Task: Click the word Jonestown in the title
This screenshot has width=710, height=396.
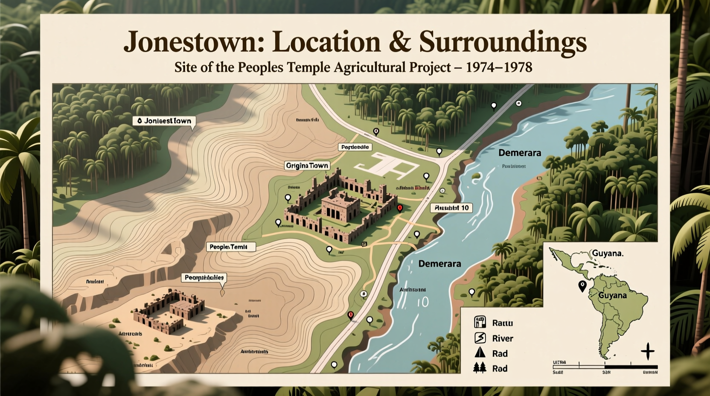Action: click(190, 42)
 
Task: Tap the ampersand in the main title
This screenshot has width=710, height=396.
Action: click(400, 42)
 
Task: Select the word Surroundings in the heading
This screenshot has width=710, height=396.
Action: click(503, 42)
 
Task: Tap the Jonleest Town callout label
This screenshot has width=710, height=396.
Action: click(164, 121)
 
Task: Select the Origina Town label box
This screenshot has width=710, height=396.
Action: click(307, 166)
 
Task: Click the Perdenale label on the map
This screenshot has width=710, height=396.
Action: click(355, 147)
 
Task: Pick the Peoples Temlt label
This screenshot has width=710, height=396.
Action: click(231, 247)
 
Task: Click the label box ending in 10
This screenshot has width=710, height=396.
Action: click(451, 208)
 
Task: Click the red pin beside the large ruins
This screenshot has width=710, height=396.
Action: click(400, 208)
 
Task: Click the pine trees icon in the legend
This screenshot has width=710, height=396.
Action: click(480, 368)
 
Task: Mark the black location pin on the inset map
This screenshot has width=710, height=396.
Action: click(582, 285)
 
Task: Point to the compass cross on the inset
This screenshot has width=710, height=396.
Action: click(647, 351)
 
